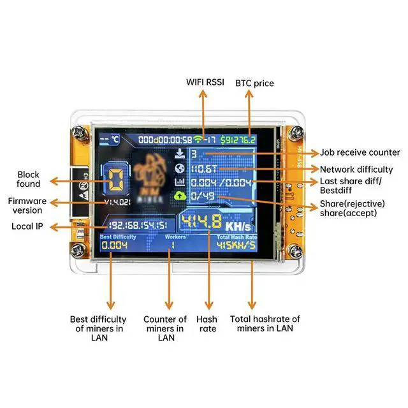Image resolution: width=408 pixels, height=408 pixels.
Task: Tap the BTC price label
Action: (255, 83)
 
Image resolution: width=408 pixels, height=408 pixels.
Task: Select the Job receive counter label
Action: (360, 152)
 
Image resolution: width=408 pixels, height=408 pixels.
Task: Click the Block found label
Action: (29, 179)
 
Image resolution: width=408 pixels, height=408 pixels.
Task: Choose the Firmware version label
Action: (25, 205)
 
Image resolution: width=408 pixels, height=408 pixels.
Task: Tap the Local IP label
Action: (27, 226)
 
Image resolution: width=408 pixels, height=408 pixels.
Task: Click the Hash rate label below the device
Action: (207, 324)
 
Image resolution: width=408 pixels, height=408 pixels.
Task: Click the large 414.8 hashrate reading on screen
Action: (201, 222)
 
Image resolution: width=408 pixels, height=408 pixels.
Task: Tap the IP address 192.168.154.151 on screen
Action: (138, 226)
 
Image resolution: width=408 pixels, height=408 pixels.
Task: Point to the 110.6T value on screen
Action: (205, 169)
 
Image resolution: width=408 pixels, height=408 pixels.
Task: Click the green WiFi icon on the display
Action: (200, 139)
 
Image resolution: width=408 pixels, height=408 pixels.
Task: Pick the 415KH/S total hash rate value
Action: (236, 245)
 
